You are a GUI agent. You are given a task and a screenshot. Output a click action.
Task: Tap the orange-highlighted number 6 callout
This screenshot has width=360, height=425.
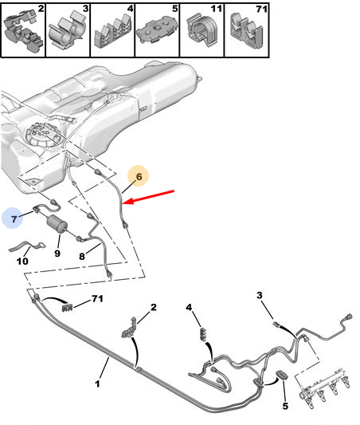139,176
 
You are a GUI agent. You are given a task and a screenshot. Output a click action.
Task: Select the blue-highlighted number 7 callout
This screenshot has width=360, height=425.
13,218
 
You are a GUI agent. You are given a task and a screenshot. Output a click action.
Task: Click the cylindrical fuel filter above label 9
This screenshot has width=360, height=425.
57,223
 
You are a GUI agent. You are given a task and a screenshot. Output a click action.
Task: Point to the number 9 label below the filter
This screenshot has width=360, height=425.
57,253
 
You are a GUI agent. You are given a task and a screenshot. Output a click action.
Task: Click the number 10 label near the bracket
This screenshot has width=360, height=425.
22,262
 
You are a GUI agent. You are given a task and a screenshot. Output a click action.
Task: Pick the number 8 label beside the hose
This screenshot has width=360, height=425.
82,256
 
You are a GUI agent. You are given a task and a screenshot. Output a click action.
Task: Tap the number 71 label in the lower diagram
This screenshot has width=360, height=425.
97,298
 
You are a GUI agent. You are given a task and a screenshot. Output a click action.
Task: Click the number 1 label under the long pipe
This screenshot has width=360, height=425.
97,384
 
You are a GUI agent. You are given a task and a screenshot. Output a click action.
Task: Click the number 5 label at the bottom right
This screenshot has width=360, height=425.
285,406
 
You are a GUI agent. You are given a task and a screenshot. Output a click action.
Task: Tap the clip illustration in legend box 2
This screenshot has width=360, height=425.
24,31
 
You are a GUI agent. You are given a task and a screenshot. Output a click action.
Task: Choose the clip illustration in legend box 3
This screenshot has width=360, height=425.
68,31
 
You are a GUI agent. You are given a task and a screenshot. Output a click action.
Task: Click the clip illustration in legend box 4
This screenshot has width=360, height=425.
112,33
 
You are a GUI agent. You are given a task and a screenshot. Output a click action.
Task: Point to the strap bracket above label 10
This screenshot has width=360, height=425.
26,246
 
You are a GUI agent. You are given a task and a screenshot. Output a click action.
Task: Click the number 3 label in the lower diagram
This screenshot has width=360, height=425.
260,295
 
